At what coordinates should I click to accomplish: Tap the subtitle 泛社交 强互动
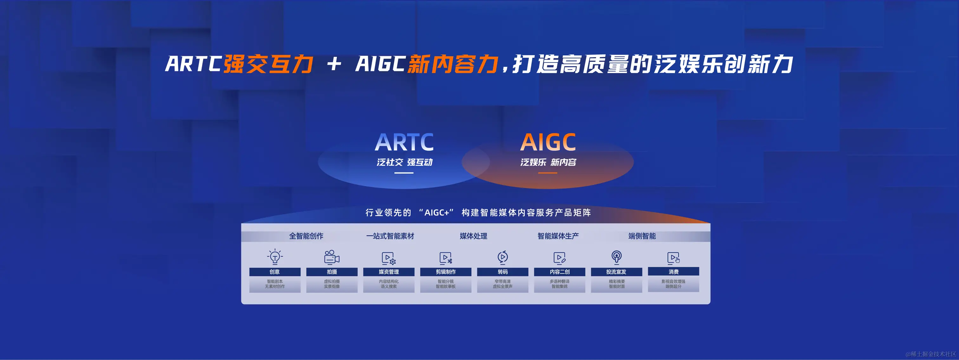click(404, 162)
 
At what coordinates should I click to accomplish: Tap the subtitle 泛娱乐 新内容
click(548, 162)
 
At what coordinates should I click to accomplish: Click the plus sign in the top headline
click(334, 64)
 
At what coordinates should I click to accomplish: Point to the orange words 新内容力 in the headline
click(453, 64)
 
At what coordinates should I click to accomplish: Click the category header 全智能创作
click(306, 236)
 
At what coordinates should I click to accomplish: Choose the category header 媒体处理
click(473, 236)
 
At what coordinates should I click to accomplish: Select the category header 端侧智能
click(642, 236)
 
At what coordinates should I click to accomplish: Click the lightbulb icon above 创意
click(275, 257)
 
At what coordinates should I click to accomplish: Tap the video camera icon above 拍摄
click(332, 257)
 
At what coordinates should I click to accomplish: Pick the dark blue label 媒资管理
click(389, 272)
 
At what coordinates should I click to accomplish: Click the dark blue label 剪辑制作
click(446, 272)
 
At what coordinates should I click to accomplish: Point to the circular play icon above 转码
click(503, 257)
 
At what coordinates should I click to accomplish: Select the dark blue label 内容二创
click(559, 272)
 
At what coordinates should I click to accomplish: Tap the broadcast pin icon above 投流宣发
click(616, 257)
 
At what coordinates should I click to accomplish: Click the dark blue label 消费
click(674, 272)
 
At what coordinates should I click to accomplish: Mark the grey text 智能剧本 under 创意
click(275, 281)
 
